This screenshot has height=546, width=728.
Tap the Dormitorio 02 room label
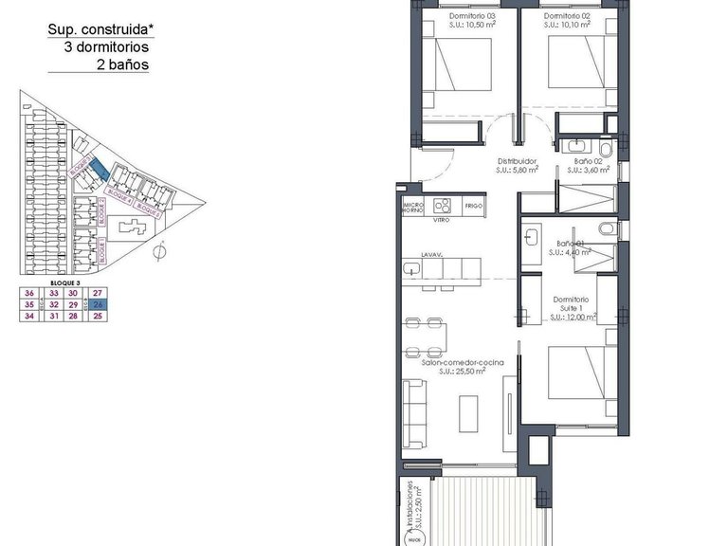(567, 17)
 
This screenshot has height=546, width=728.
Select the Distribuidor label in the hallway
(519, 161)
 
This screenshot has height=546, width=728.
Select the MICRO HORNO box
(412, 207)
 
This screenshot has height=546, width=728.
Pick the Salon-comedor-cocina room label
(463, 364)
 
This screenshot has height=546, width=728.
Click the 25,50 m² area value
(463, 373)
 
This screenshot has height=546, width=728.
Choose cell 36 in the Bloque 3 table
(29, 293)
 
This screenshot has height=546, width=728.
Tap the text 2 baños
(123, 65)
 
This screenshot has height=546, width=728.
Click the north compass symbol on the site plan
(161, 251)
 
